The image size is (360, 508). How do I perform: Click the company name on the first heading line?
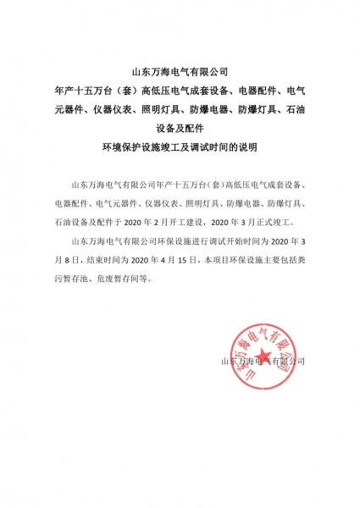pyautogui.click(x=180, y=72)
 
